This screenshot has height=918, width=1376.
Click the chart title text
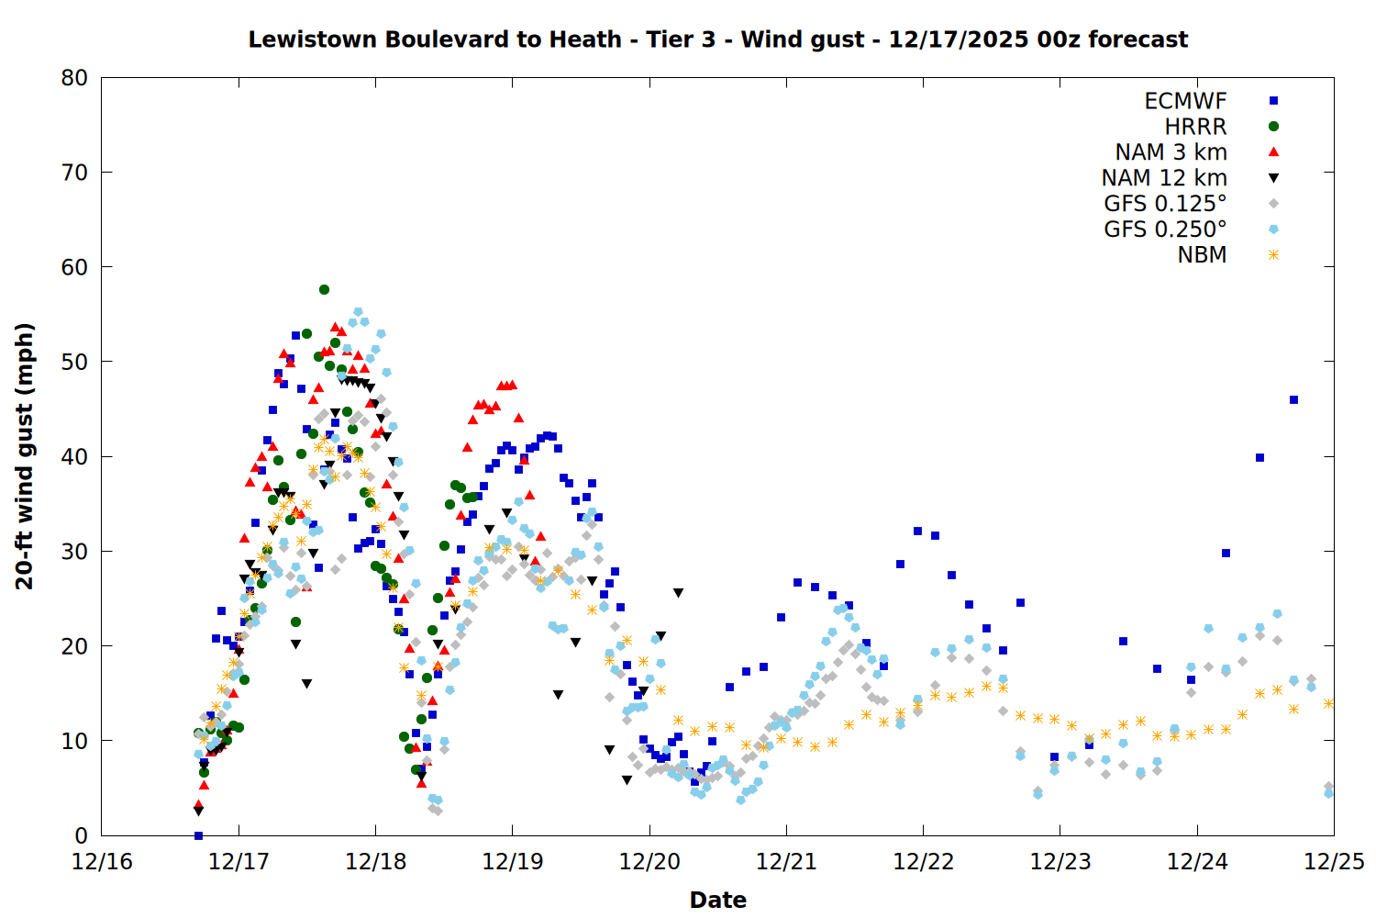(717, 39)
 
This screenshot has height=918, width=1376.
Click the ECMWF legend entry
(1185, 101)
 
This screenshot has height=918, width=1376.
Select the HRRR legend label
(1195, 127)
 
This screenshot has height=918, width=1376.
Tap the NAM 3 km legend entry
(1171, 152)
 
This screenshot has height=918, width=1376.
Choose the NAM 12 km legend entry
(1164, 178)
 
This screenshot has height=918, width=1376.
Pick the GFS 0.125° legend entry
(1165, 204)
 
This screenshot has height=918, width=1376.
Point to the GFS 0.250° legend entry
(1165, 229)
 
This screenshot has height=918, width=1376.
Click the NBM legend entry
(1202, 255)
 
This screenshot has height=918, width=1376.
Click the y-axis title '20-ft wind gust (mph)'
(25, 456)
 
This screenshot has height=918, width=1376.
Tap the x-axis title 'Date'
(717, 900)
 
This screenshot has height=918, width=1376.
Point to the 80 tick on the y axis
(74, 78)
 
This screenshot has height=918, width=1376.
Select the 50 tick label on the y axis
(74, 362)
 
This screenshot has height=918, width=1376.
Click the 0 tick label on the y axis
(82, 835)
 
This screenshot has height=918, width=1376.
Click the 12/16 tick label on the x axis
(102, 862)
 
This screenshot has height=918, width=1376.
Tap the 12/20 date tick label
(649, 862)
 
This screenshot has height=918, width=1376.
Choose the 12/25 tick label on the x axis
(1334, 862)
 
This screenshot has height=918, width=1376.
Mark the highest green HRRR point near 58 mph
(324, 289)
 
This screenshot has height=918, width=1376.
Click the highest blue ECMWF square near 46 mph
(1293, 399)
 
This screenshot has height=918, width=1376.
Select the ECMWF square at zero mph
(198, 835)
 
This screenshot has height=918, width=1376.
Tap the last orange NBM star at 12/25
(1328, 703)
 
